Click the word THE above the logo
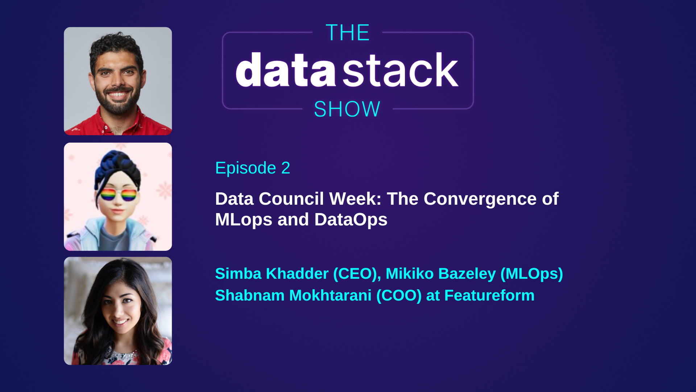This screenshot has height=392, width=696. pos(347,33)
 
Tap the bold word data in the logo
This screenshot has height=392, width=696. pos(286,70)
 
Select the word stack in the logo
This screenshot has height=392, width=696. pos(400,70)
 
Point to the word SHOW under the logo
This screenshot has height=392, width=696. pos(347,109)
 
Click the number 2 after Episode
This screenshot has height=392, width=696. pos(286,168)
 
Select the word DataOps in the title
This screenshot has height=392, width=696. pos(351,220)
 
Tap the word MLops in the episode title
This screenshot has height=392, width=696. pos(243,220)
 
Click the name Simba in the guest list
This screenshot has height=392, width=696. pos(238,274)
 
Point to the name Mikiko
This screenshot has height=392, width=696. pos(409,274)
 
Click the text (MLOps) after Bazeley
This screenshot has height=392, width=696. pos(531,274)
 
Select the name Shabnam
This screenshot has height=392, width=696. pos(249,295)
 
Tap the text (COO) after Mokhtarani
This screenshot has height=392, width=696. pos(399,295)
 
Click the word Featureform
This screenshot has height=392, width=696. pos(489,295)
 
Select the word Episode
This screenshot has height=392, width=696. pos(245,168)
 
